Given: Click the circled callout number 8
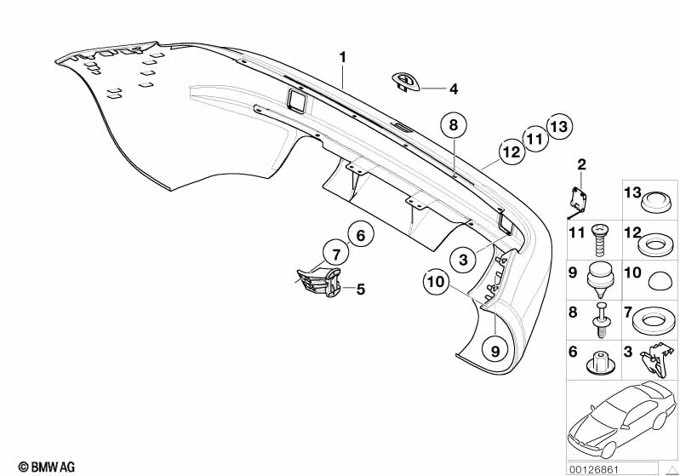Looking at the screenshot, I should pos(454,125).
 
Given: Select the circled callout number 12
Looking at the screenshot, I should pos(510,152).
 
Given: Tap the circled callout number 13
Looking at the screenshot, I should pos(557,126).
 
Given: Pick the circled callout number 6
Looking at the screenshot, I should pos(360,233).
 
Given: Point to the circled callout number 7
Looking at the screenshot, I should pos(336,253).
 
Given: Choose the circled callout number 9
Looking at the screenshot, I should pos(494,348).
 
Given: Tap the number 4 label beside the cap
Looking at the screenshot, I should pos(454,89).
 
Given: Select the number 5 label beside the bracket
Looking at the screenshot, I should pos(360,290).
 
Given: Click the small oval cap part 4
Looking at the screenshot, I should pos(405,81).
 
